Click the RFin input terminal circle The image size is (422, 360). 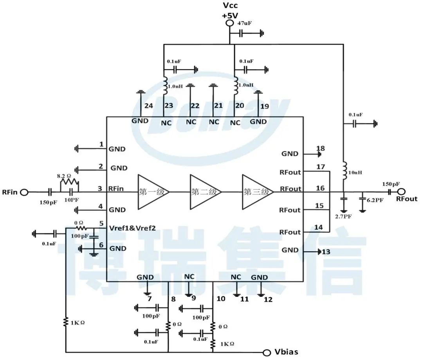click(24, 192)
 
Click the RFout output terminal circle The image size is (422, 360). click(401, 192)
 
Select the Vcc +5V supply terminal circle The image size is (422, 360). click(229, 23)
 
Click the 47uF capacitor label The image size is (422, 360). click(244, 23)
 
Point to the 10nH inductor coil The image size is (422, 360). click(344, 171)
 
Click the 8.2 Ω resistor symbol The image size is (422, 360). click(70, 183)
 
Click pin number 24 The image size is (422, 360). click(148, 106)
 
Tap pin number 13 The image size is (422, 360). click(326, 252)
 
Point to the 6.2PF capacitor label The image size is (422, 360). click(375, 200)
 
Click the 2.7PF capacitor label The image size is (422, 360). click(344, 216)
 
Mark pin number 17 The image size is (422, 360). click(320, 167)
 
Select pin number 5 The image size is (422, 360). click(101, 224)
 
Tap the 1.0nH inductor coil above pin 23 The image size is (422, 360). click(164, 86)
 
